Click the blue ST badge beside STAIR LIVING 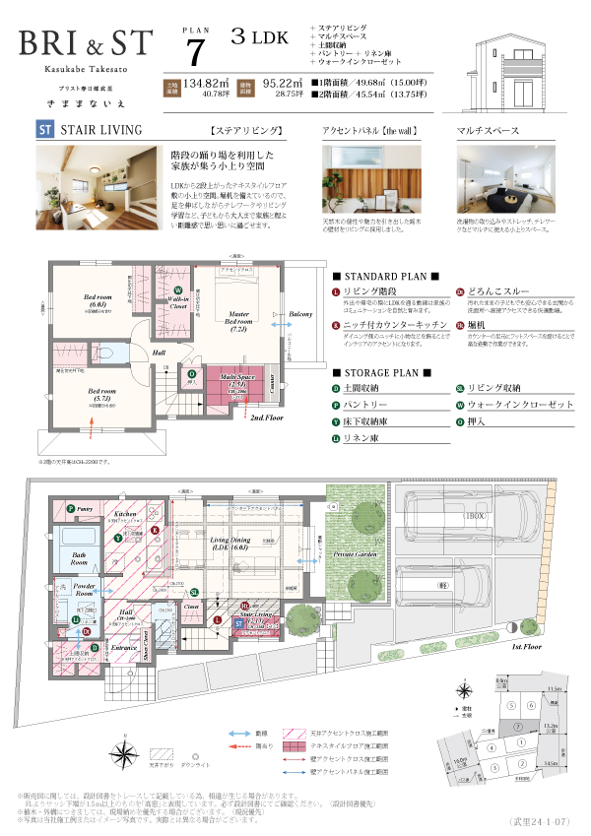pyautogui.click(x=43, y=129)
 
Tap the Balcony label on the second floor pyautogui.click(x=300, y=316)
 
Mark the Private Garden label pyautogui.click(x=355, y=554)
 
